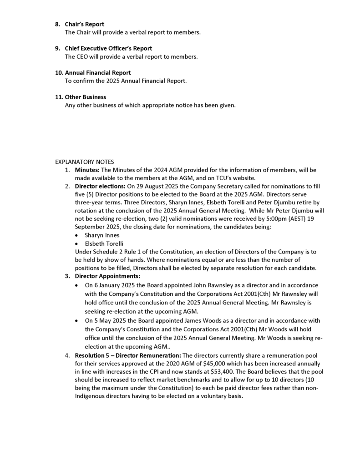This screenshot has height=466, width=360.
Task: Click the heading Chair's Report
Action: pos(84,25)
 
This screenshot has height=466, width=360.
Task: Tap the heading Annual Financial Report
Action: pos(98,73)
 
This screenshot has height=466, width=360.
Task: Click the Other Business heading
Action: pos(86,97)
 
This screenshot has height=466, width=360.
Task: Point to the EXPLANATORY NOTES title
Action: pos(85,162)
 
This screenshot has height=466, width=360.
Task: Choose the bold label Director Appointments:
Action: pos(107,276)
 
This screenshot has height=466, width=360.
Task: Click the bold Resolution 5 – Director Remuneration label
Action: pos(127,355)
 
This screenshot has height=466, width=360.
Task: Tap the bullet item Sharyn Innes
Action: pos(102,236)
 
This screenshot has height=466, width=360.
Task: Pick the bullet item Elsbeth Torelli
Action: pos(104,243)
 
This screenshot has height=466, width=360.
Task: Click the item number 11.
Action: pos(59,97)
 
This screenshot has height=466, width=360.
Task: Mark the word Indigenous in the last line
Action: pos(90,396)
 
